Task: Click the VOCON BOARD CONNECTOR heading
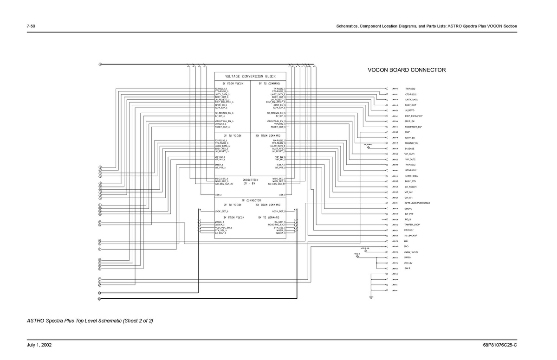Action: [407, 70]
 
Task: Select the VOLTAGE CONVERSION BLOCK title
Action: [250, 76]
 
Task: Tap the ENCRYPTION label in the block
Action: [250, 180]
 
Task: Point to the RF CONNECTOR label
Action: [250, 200]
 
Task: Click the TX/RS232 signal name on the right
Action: [410, 88]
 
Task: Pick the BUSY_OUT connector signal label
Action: [410, 105]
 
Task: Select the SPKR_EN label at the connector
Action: [409, 121]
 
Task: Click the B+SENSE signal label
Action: [410, 148]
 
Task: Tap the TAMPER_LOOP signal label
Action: [412, 225]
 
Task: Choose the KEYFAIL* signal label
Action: [409, 230]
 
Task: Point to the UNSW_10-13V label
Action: [411, 252]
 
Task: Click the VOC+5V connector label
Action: [409, 263]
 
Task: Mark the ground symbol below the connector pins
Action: [371, 296]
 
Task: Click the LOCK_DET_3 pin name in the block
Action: [222, 211]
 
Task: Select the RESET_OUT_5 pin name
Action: [278, 127]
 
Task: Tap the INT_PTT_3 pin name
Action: [220, 168]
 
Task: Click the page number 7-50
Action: [32, 26]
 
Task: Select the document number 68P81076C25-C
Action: [499, 345]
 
